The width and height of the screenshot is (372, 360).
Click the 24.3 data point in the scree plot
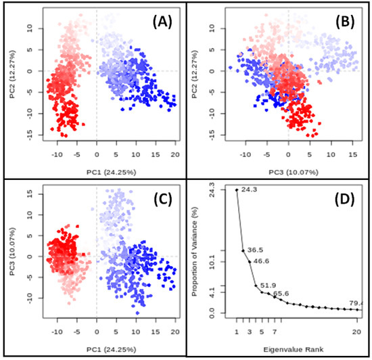[x=237, y=190]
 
